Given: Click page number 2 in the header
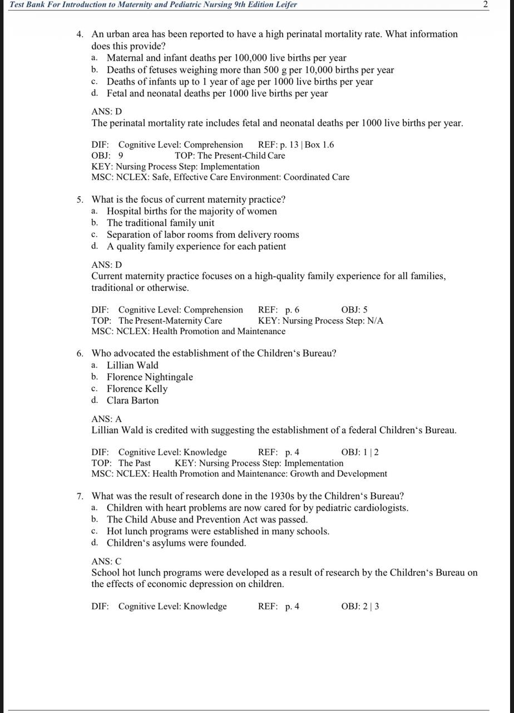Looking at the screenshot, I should [x=485, y=4].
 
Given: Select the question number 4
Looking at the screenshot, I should [x=80, y=34].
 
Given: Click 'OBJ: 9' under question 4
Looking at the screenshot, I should [x=107, y=156].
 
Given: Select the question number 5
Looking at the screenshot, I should [x=80, y=199].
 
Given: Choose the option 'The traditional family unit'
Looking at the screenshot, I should [x=160, y=223].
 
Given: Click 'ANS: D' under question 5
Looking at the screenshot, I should [x=106, y=265].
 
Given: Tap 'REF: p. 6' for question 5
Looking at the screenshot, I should [x=278, y=310].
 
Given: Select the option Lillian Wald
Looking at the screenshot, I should [x=132, y=365].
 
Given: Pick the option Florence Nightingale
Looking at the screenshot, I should [x=150, y=377].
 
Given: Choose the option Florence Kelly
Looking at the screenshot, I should [x=137, y=389].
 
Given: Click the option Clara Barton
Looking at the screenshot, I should [x=132, y=401].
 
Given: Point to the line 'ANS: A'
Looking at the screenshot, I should [x=106, y=419].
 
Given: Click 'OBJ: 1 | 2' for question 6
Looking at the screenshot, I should [x=360, y=452].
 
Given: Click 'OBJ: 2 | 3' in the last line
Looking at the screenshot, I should [x=360, y=607].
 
